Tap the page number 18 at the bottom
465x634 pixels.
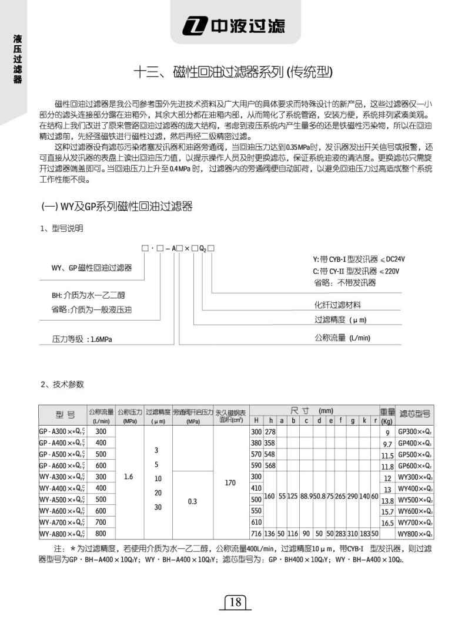tap(234, 602)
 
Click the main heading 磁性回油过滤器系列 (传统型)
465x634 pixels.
tap(233, 72)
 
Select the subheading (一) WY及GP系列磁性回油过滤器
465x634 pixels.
tap(116, 207)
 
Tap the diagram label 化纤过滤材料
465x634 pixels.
tap(337, 305)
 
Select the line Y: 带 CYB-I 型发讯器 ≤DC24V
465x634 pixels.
tap(359, 259)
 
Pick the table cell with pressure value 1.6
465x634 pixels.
tap(129, 477)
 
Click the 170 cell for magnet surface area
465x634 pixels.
tap(230, 483)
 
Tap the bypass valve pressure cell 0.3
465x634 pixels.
tap(192, 503)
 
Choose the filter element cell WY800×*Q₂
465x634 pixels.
tap(416, 534)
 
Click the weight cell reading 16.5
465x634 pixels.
tap(387, 522)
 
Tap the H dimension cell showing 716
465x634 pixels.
tap(255, 534)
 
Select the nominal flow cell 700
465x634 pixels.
tap(101, 522)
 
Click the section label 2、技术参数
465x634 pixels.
tap(62, 385)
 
